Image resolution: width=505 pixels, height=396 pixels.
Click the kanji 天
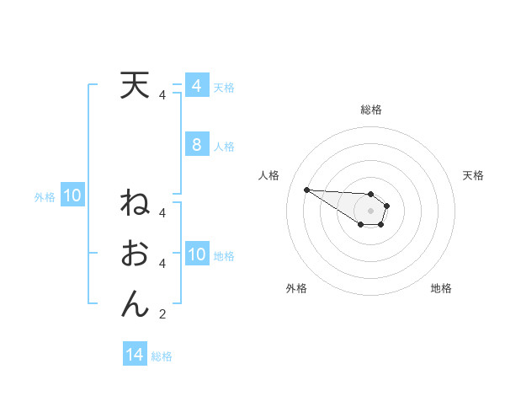point(135,86)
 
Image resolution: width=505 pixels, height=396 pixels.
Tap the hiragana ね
point(135,205)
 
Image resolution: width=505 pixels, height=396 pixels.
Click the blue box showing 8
point(197,145)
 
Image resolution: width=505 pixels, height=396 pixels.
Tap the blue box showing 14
point(135,355)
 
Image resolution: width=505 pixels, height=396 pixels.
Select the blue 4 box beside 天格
point(197,86)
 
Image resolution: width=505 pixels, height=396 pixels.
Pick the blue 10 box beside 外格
point(72,196)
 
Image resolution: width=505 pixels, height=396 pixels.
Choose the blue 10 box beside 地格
point(197,254)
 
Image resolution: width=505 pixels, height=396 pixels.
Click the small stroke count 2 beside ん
point(162,315)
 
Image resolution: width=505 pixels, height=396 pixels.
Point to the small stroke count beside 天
point(162,95)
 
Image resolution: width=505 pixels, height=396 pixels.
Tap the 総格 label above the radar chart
point(370,110)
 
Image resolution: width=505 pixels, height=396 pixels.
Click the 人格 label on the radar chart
point(268,175)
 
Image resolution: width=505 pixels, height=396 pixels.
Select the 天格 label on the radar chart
point(473,175)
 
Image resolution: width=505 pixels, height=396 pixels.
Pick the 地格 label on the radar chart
point(441,288)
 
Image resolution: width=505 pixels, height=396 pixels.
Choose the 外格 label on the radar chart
point(296,288)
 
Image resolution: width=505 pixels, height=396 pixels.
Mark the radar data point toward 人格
point(306,190)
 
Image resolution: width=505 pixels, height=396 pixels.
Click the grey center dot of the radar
point(370,211)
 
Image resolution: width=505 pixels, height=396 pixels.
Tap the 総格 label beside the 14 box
point(162,356)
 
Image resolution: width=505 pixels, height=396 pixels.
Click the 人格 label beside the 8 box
point(224,147)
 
